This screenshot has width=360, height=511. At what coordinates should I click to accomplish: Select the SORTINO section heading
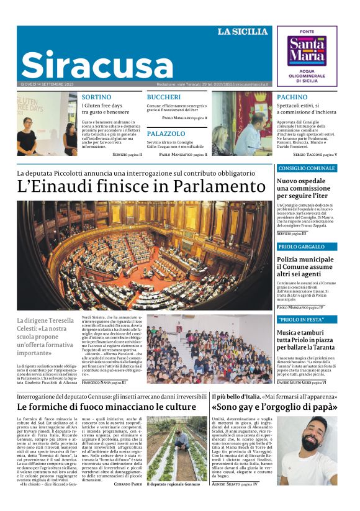96,97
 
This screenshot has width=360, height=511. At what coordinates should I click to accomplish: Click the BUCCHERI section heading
163,97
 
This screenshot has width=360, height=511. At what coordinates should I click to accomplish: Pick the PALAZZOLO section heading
166,133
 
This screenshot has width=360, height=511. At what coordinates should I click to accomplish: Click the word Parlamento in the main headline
212,186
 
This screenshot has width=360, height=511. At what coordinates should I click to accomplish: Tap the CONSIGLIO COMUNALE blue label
307,168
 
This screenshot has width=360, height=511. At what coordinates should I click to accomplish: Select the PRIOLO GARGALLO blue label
302,247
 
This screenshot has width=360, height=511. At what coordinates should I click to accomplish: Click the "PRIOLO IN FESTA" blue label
302,320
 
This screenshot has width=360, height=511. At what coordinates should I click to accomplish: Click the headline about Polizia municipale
305,266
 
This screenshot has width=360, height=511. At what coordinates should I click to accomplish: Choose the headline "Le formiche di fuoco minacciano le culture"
106,407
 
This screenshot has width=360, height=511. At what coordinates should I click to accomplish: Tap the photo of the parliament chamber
145,255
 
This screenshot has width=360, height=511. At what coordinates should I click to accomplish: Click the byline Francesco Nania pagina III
103,383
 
